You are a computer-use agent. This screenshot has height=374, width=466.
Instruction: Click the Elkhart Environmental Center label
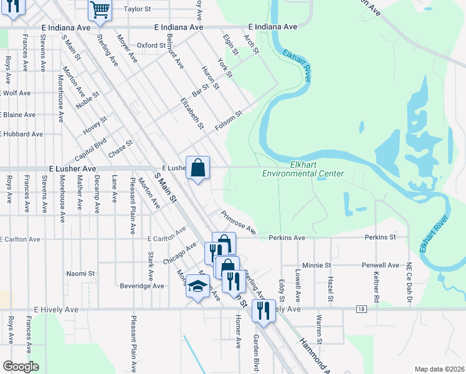303,169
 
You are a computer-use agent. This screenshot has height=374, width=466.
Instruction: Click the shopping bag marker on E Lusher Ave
197,168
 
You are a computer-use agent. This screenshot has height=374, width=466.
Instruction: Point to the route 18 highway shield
361,309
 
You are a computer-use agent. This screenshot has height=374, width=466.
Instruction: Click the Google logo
21,366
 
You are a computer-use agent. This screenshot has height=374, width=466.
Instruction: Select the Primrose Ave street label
237,221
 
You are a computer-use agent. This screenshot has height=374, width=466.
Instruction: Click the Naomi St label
80,273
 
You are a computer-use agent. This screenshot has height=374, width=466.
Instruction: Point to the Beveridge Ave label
143,286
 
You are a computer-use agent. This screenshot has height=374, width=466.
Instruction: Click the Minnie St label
316,265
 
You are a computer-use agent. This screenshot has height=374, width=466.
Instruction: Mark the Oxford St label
152,45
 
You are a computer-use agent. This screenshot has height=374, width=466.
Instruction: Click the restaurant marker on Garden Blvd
264,310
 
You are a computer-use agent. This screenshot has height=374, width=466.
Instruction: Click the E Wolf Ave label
16,93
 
